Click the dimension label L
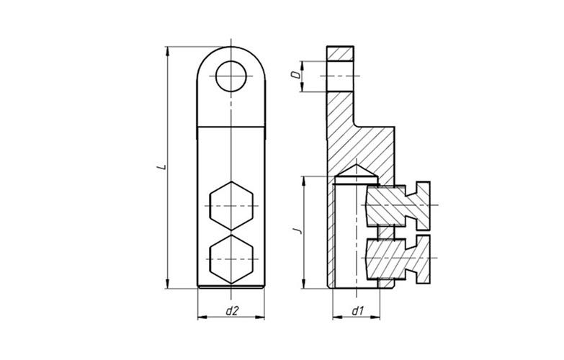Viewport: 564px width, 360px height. point(162,167)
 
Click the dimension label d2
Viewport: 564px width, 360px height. point(232,311)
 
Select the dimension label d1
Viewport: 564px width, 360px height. point(357,311)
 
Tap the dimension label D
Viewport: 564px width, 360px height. point(295,75)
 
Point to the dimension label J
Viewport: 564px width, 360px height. point(297,231)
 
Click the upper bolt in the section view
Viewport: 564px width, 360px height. point(398,206)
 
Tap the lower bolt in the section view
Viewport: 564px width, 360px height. point(398,258)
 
